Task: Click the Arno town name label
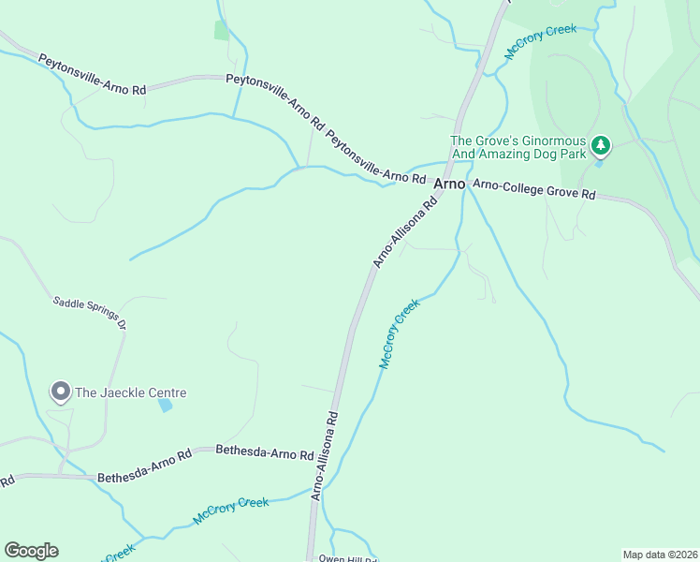450,185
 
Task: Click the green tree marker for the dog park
600,145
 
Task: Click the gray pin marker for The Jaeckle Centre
61,392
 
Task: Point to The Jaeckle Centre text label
131,393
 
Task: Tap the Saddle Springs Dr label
89,313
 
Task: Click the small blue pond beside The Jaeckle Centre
166,406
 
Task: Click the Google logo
31,551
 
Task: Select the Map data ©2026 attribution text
659,555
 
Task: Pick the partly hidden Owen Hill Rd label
347,558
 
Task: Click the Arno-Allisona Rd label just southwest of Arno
405,232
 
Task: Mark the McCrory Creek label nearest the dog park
541,43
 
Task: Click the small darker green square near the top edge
222,30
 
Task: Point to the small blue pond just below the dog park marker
599,164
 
